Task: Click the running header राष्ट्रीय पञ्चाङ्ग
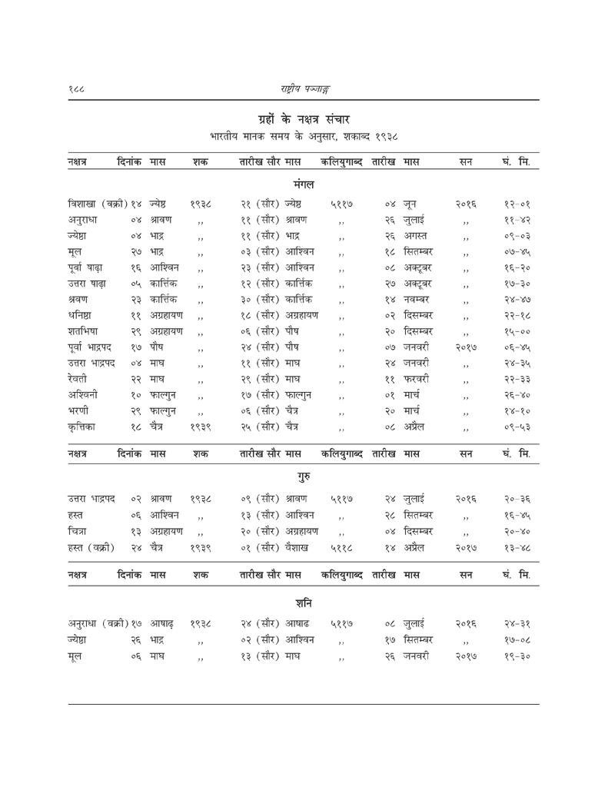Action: (304, 88)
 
